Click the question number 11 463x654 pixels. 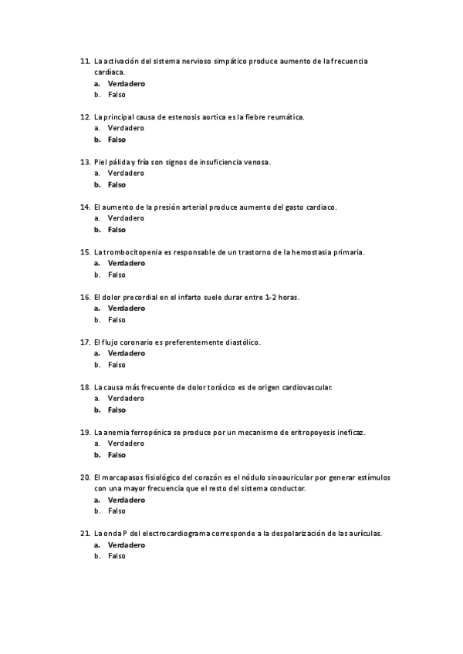pos(85,61)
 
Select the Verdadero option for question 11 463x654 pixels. pos(126,83)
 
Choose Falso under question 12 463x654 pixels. pos(117,140)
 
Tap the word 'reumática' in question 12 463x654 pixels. pos(285,117)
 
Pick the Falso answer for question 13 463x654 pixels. pos(117,184)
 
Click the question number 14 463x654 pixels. pos(85,207)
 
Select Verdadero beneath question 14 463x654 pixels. pos(126,218)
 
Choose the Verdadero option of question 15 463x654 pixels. pos(126,263)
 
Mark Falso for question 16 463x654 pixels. pos(117,319)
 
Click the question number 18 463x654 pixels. pos(85,387)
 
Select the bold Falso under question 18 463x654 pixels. pos(117,410)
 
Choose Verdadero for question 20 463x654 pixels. pos(126,500)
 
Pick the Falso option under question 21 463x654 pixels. pos(117,556)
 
